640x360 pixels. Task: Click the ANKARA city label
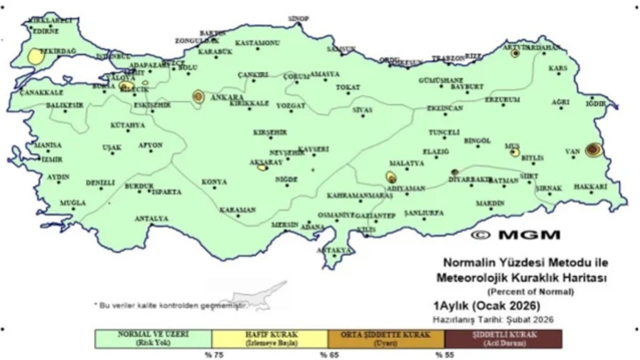coord(226,96)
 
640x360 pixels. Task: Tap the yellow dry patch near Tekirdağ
coord(35,56)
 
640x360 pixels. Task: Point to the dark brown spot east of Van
coord(593,149)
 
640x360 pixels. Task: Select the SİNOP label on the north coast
coord(298,19)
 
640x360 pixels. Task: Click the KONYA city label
coord(214,182)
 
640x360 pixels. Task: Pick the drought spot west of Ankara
coord(198,96)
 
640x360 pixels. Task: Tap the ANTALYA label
coord(151,218)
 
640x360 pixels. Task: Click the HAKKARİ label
coord(590,186)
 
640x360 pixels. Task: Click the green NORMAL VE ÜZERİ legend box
coord(153,338)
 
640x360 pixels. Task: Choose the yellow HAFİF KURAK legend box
coord(270,338)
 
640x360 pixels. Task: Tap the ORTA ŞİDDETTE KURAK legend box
coord(386,338)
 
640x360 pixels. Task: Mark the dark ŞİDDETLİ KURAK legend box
coord(502,338)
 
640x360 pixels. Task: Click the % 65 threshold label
coord(327,355)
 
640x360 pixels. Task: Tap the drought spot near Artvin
coord(515,53)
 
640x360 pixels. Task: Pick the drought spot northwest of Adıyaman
coord(391,176)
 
